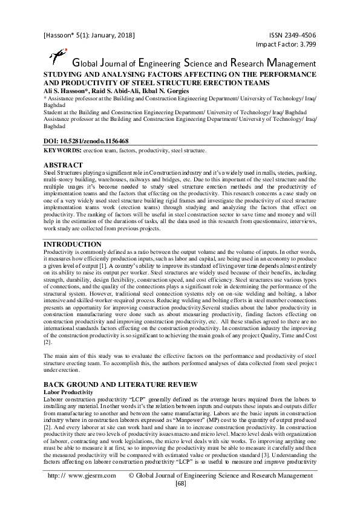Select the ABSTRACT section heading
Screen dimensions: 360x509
pos(64,164)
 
